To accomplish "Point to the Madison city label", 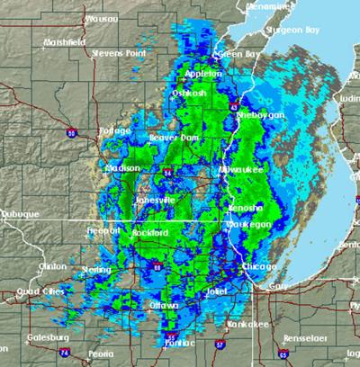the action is click(121, 167).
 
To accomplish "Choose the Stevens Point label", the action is click(117, 52).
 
